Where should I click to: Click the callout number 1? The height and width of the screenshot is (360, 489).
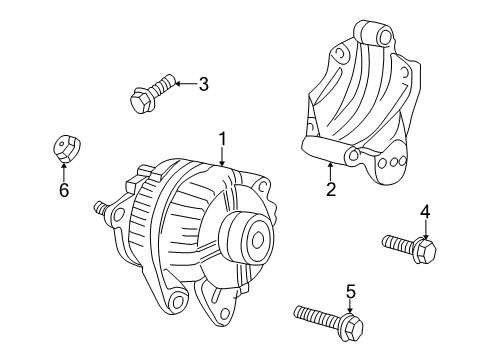[223, 139]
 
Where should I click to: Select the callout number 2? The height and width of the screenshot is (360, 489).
[329, 190]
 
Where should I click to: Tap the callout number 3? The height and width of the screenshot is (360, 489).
[203, 84]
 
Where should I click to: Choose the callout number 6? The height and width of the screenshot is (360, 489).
[63, 189]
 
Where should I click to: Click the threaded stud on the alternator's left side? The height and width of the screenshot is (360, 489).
[101, 208]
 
